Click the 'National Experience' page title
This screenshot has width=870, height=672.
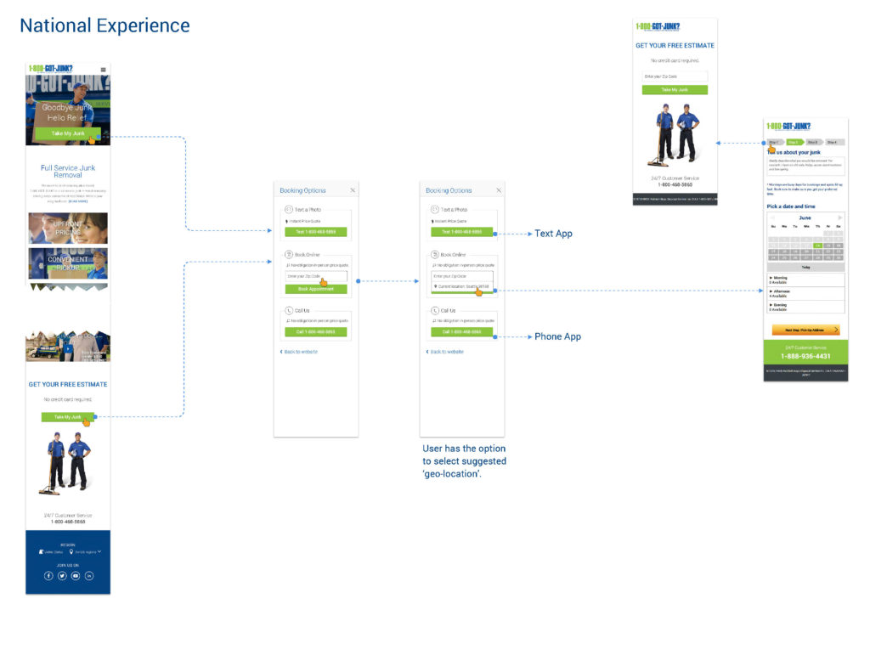pyautogui.click(x=105, y=26)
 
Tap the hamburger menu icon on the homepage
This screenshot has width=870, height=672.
pyautogui.click(x=103, y=70)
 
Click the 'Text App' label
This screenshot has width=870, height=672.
pyautogui.click(x=553, y=234)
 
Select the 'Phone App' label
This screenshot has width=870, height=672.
pyautogui.click(x=557, y=337)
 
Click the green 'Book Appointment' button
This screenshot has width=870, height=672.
pyautogui.click(x=316, y=289)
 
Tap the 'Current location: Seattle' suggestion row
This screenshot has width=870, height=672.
pyautogui.click(x=461, y=287)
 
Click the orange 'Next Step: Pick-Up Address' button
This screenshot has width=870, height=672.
pyautogui.click(x=805, y=330)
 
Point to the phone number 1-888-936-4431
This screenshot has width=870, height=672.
pyautogui.click(x=805, y=356)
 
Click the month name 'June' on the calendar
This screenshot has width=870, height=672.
pyautogui.click(x=805, y=218)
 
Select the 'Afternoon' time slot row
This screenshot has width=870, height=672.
pyautogui.click(x=805, y=293)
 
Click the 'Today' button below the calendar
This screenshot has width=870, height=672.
pyautogui.click(x=805, y=267)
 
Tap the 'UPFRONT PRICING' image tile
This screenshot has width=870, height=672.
pyautogui.click(x=68, y=228)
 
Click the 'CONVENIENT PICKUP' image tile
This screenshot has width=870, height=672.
pyautogui.click(x=68, y=263)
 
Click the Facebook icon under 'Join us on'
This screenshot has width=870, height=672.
pyautogui.click(x=48, y=576)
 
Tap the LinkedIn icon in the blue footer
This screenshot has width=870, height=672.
pyautogui.click(x=89, y=576)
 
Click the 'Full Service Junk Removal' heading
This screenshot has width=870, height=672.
pyautogui.click(x=68, y=172)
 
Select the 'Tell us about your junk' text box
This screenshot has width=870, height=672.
pyautogui.click(x=805, y=166)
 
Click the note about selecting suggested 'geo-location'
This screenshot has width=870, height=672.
pyautogui.click(x=464, y=460)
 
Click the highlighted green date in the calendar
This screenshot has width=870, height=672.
pyautogui.click(x=817, y=246)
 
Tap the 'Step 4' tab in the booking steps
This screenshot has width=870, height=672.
pyautogui.click(x=833, y=142)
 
